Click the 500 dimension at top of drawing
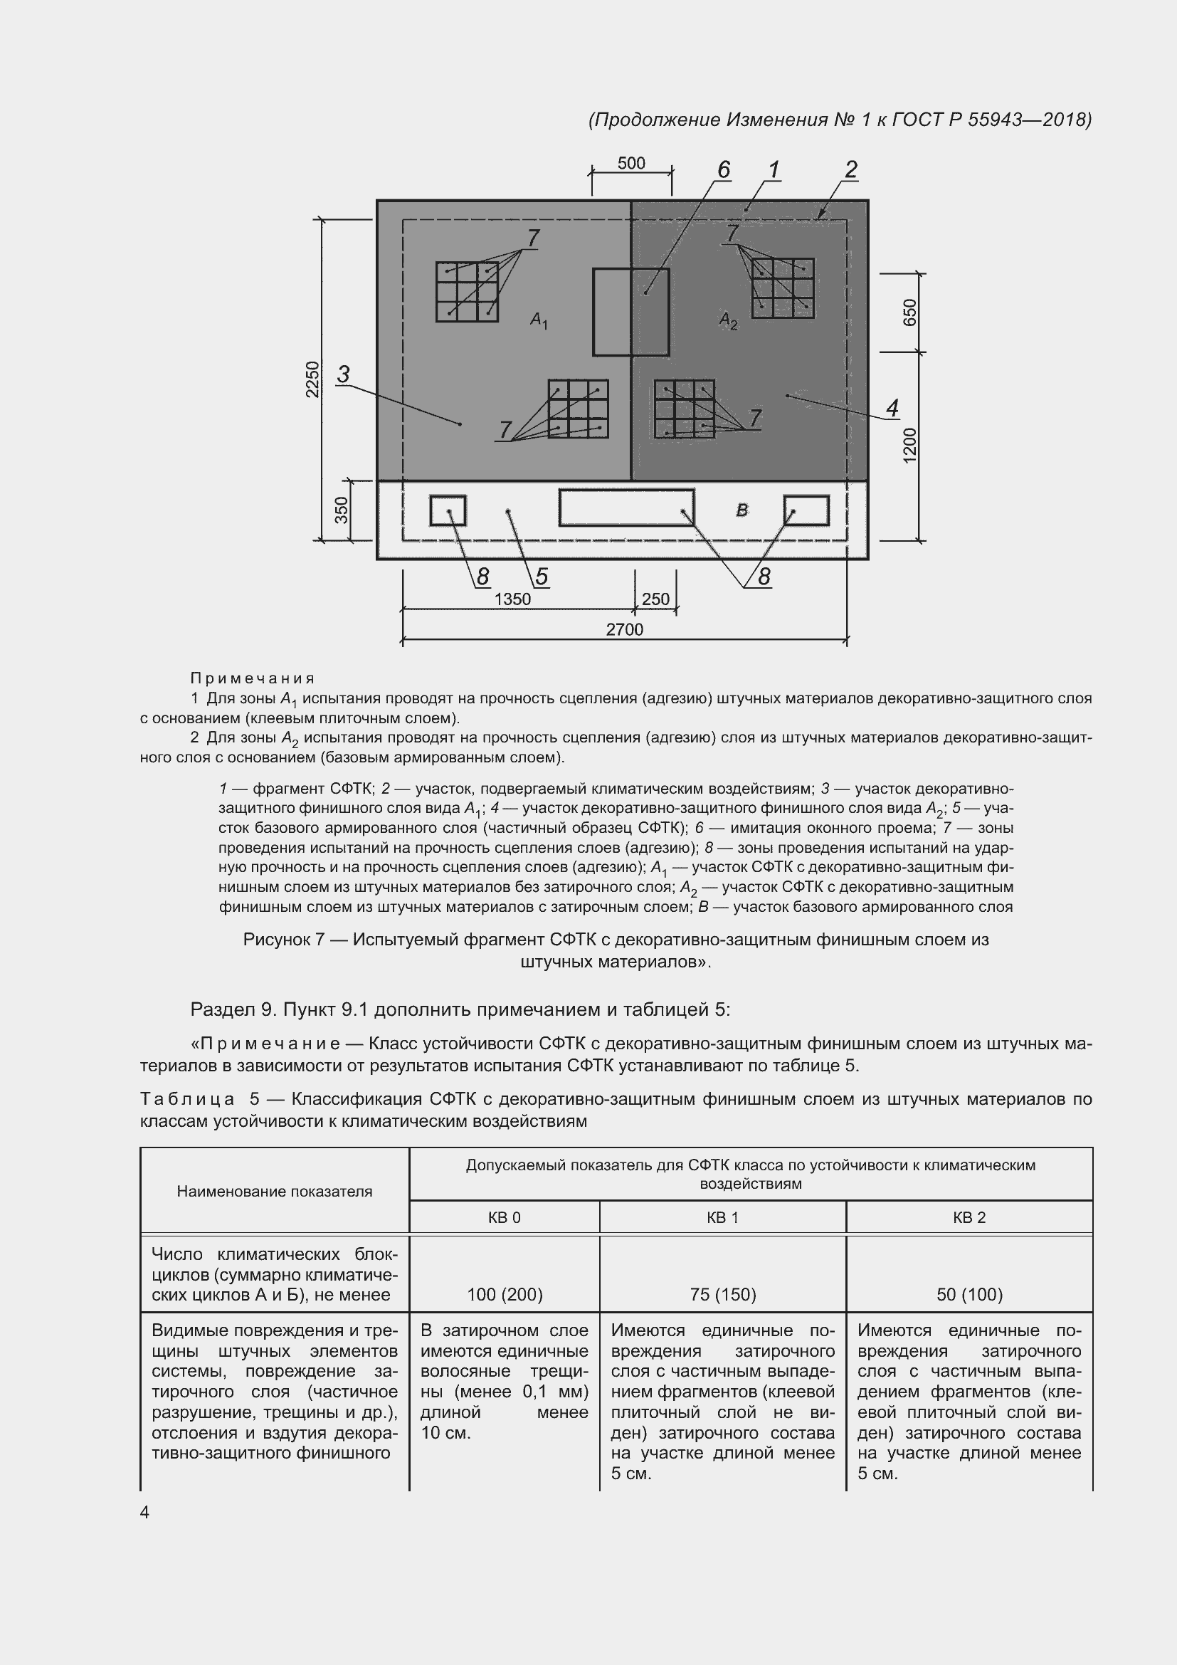pos(630,163)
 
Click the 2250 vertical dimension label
pos(312,379)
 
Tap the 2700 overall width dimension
pos(624,629)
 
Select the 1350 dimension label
pos(512,599)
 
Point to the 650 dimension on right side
pos(910,312)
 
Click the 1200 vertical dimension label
pos(910,444)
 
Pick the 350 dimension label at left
pos(342,510)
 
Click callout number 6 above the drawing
pos(723,169)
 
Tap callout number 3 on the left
pos(344,374)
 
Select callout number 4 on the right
pos(892,408)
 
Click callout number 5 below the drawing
pos(542,577)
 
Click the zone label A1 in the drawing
pos(539,319)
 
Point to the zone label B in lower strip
pos(741,510)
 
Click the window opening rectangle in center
pos(630,312)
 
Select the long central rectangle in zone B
pos(626,508)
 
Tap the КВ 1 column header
pos(722,1217)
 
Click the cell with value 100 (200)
pos(505,1294)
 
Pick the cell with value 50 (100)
pos(969,1294)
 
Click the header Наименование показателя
pos(274,1191)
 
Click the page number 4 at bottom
pos(144,1512)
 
